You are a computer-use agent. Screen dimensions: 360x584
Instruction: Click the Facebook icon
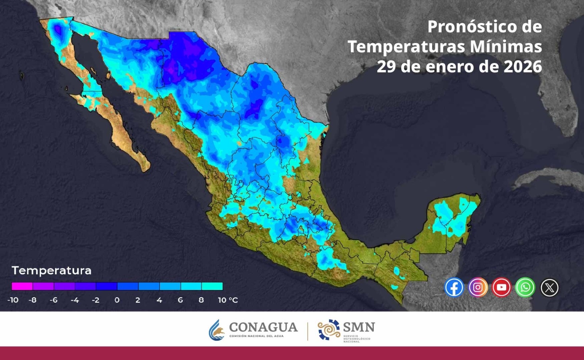454,287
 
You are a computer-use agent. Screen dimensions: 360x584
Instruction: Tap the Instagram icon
478,287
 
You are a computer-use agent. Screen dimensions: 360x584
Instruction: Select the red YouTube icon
502,287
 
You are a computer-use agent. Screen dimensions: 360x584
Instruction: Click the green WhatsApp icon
525,287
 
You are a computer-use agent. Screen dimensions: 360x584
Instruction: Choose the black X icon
549,288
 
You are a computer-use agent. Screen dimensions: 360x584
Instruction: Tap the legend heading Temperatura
51,271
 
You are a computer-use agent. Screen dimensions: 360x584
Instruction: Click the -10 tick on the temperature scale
13,300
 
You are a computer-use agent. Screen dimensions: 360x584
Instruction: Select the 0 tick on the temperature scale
117,300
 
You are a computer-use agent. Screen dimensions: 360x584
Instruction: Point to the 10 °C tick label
228,300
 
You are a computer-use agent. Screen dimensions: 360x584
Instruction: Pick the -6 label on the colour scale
54,300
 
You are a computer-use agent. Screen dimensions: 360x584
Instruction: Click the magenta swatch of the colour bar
22,286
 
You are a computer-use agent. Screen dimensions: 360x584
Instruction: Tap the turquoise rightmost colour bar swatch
212,286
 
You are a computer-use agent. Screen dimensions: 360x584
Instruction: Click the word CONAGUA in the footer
263,327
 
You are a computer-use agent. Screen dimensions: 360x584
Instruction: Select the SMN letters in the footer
359,327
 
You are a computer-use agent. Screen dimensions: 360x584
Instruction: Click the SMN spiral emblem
329,329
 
